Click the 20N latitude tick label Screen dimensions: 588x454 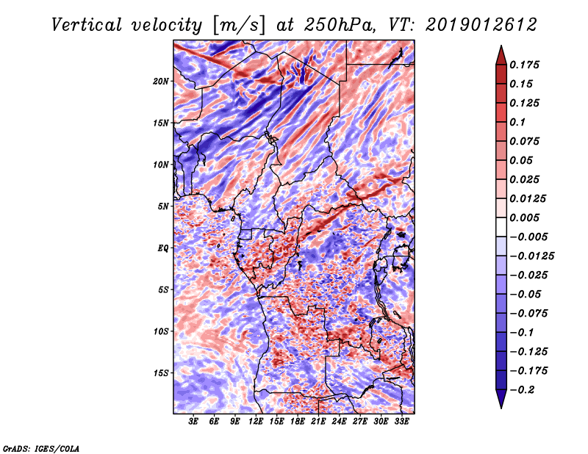tap(160, 81)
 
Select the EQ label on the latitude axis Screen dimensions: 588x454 tap(162, 248)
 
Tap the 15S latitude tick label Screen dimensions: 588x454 tap(161, 372)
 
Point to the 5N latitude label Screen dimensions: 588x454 tap(163, 206)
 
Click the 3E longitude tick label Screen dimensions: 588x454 tap(193, 422)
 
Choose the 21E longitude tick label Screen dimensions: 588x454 tap(318, 422)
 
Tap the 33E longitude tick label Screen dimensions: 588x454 tap(401, 422)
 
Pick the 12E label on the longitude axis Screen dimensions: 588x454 tap(255, 422)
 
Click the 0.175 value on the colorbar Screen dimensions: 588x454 tap(524, 65)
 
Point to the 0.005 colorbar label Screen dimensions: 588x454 tap(524, 217)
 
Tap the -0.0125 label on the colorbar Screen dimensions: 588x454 tap(531, 256)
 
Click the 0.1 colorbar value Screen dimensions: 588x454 tap(517, 122)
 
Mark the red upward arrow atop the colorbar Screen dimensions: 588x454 tap(501, 55)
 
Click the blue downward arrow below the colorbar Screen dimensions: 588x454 tap(501, 399)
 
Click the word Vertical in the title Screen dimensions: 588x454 tap(87, 25)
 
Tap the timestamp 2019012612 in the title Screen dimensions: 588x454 tap(481, 25)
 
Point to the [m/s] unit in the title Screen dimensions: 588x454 tap(239, 26)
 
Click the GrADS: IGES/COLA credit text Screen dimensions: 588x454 tap(41, 448)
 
